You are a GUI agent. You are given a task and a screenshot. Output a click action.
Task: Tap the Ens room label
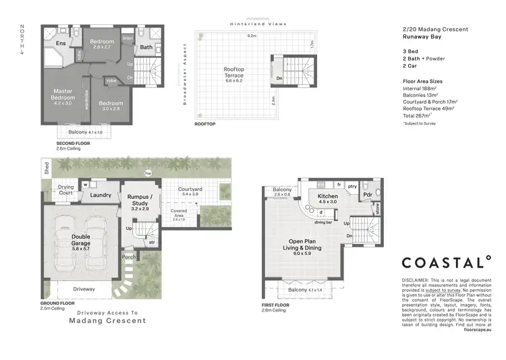[61, 44]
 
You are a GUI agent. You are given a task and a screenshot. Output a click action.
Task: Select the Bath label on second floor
[146, 47]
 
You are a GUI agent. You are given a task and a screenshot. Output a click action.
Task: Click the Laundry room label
[101, 196]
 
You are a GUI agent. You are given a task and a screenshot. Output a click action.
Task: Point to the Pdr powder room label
[368, 196]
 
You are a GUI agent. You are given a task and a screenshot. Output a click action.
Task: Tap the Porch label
[128, 257]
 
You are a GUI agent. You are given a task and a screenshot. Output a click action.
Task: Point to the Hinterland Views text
[258, 24]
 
